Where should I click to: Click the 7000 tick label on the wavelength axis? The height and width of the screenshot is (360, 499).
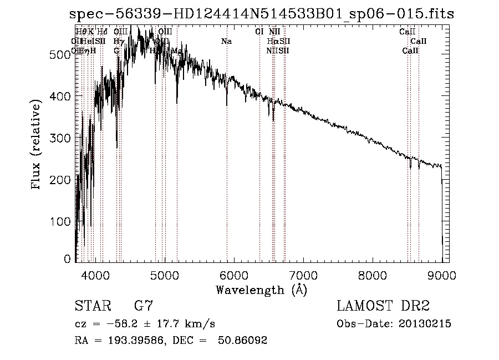pyautogui.click(x=303, y=275)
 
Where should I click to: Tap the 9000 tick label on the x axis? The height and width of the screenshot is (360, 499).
pyautogui.click(x=442, y=275)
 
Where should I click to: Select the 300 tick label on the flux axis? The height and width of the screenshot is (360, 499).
pyautogui.click(x=62, y=138)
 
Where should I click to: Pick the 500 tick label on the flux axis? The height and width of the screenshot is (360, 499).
pyautogui.click(x=62, y=54)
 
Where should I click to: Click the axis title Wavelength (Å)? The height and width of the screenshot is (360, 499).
pyautogui.click(x=261, y=290)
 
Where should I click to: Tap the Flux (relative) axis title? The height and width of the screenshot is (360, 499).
pyautogui.click(x=37, y=145)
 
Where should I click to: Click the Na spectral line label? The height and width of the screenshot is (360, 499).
pyautogui.click(x=226, y=41)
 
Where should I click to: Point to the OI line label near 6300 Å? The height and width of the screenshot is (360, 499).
pyautogui.click(x=259, y=32)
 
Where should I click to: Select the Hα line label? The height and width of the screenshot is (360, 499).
pyautogui.click(x=272, y=41)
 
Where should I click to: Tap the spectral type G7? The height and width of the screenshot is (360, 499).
pyautogui.click(x=144, y=306)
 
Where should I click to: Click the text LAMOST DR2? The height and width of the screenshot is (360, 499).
pyautogui.click(x=383, y=306)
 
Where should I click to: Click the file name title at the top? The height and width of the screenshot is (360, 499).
pyautogui.click(x=261, y=15)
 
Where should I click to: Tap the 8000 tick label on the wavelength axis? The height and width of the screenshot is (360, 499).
pyautogui.click(x=373, y=275)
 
